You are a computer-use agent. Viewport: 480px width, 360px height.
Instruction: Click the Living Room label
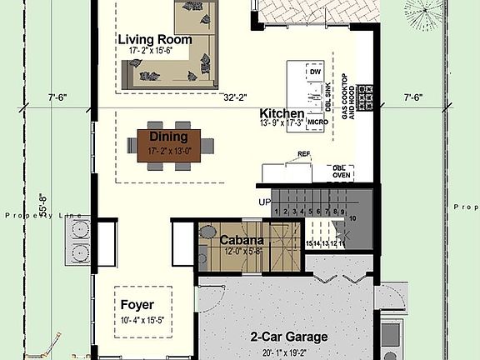[155, 39]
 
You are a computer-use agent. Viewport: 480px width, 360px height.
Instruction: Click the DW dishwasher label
[315, 72]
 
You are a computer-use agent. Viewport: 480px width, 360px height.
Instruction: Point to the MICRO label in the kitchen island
[317, 122]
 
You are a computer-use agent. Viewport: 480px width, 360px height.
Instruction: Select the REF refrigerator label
[304, 155]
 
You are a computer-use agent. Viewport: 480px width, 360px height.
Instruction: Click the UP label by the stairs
[265, 202]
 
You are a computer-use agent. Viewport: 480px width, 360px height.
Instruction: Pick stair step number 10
[352, 218]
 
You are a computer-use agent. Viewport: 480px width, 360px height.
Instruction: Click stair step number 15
[308, 243]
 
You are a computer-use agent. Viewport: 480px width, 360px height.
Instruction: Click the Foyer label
[137, 304]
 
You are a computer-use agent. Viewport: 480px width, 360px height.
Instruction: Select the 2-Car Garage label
[288, 337]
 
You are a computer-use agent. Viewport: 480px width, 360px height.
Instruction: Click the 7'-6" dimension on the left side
[57, 97]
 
